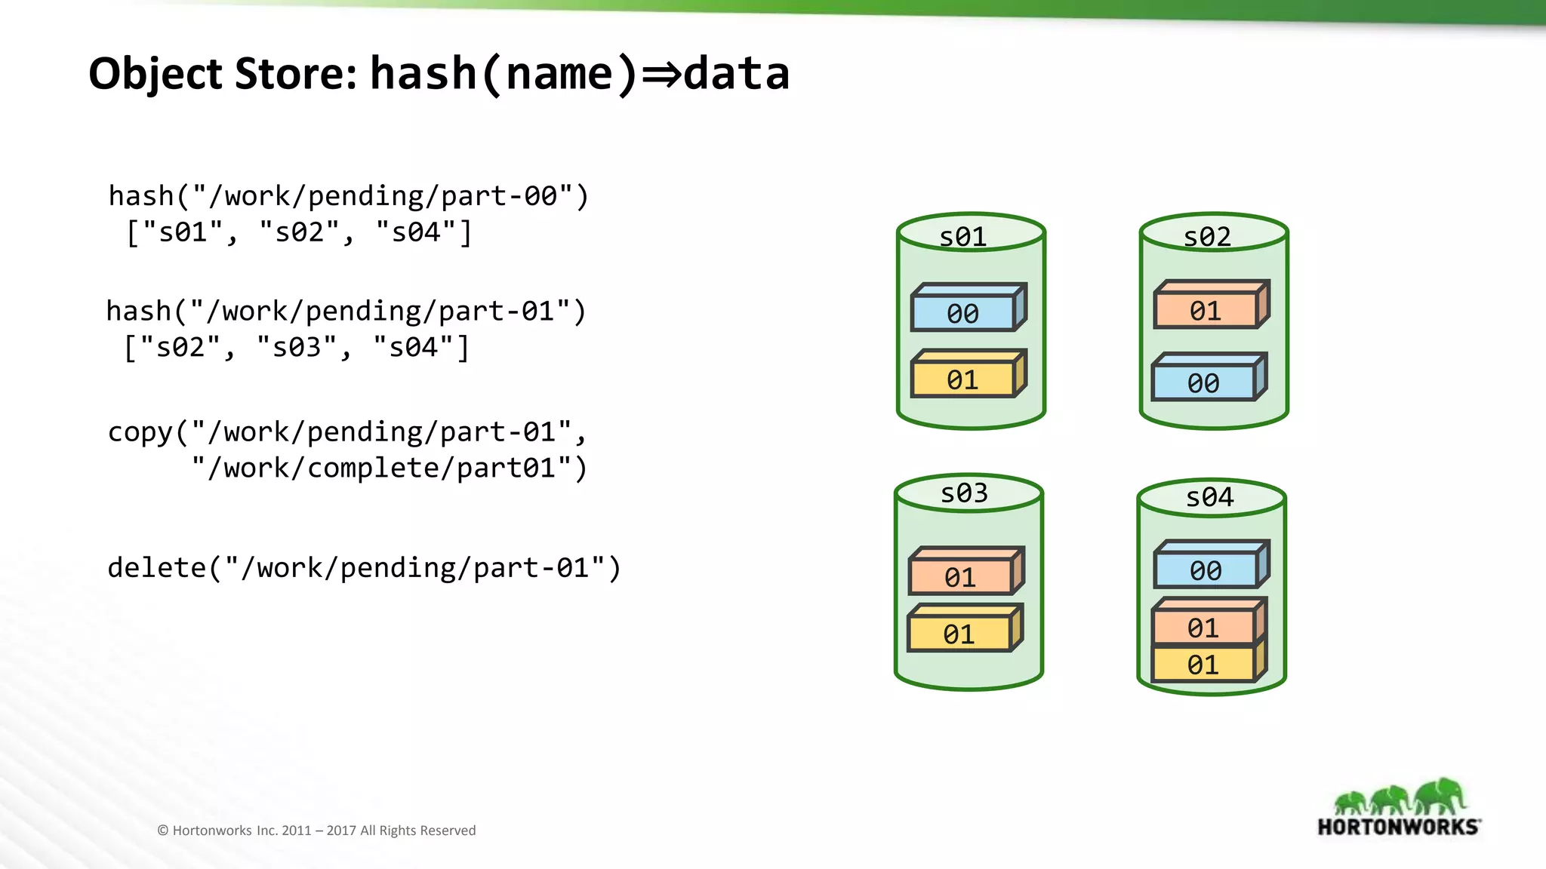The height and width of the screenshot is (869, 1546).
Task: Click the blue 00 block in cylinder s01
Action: [963, 312]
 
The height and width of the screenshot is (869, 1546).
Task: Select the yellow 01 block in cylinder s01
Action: [963, 379]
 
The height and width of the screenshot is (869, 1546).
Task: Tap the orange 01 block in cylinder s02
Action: [1206, 310]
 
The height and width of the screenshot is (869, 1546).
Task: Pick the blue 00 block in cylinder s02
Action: [1203, 382]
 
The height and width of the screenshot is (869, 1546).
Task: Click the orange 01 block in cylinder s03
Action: [961, 577]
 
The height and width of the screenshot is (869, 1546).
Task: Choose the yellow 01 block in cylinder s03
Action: [959, 634]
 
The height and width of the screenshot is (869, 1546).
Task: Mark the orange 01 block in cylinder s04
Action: [1203, 627]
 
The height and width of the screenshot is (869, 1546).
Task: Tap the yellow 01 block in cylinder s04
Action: [1203, 665]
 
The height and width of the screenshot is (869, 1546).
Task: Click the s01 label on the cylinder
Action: [963, 237]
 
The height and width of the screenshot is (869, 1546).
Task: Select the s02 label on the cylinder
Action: [1207, 237]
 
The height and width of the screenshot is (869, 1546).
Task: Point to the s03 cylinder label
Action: [964, 493]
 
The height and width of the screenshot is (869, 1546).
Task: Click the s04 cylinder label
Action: [1209, 497]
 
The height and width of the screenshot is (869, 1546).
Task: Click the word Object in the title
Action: [156, 74]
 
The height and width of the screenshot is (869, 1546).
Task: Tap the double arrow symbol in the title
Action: [661, 74]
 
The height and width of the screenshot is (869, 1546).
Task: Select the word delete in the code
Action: [156, 567]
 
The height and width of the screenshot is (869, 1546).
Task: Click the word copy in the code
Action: [140, 432]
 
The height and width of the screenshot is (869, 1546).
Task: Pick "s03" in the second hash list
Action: [296, 347]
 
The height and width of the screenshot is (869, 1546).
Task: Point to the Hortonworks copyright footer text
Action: [316, 831]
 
